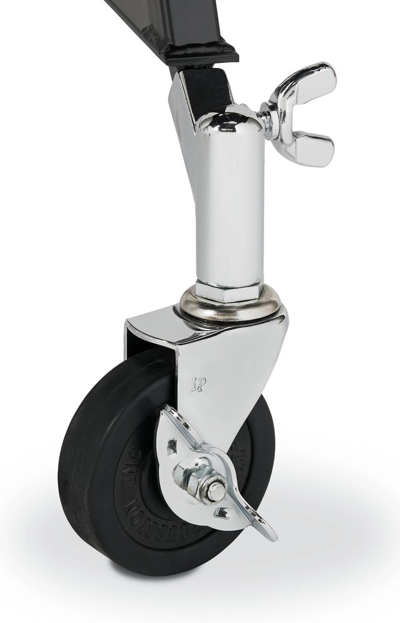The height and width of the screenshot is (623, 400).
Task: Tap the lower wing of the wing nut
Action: click(312, 150)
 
